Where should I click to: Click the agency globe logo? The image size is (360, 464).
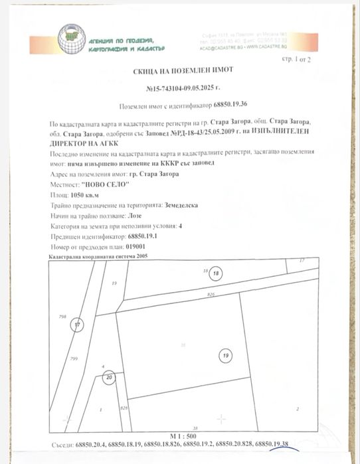click(x=71, y=38)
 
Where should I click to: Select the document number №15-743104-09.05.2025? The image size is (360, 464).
click(x=179, y=88)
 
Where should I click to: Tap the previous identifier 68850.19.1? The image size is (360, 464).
click(x=144, y=236)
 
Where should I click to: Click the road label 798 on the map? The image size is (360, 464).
click(x=64, y=317)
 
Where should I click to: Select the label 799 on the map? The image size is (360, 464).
click(x=74, y=358)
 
